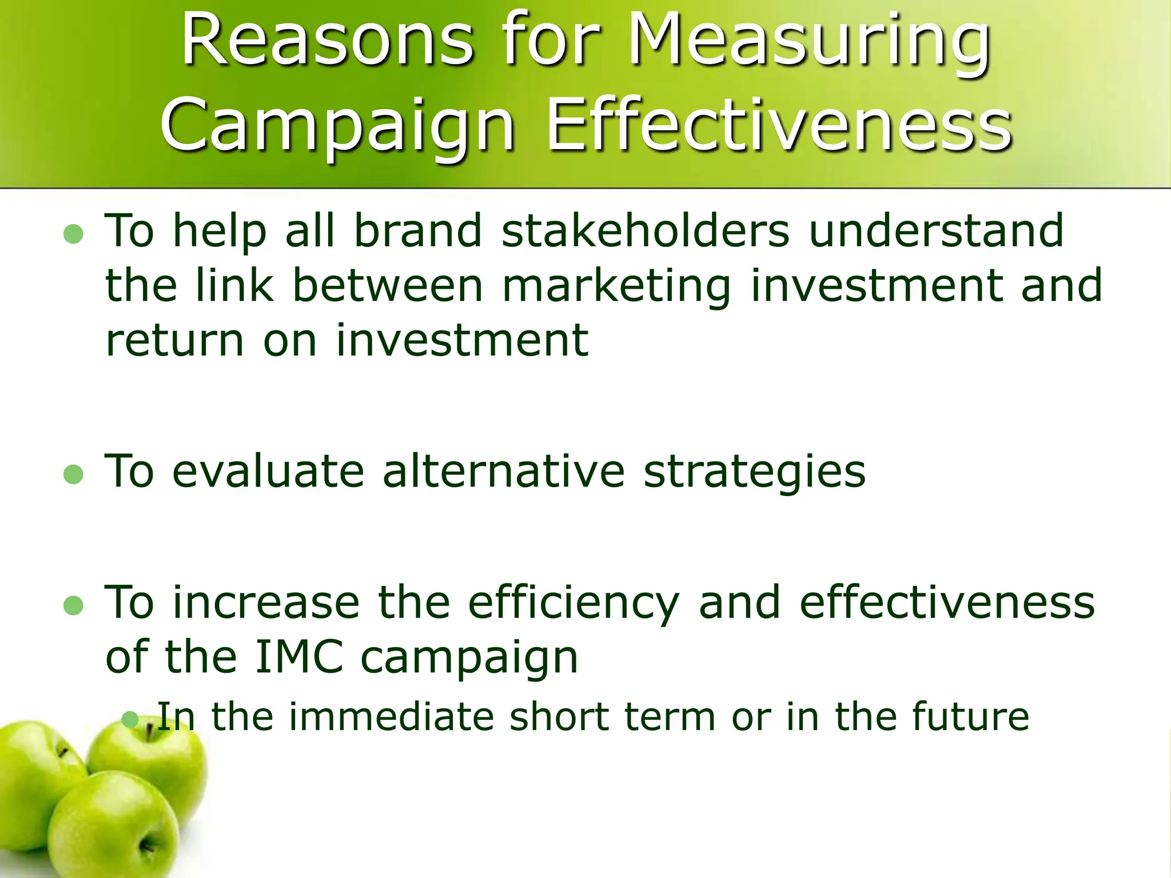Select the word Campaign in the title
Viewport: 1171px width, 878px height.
(337, 126)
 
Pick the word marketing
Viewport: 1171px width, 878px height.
(616, 286)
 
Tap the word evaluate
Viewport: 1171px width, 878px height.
(268, 472)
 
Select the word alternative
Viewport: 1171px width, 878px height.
(504, 472)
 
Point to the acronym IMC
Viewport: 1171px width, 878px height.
(299, 657)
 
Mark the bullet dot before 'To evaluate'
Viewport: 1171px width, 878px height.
(73, 474)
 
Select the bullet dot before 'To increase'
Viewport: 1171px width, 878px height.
(73, 605)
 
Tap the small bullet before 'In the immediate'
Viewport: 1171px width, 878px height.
(130, 719)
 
